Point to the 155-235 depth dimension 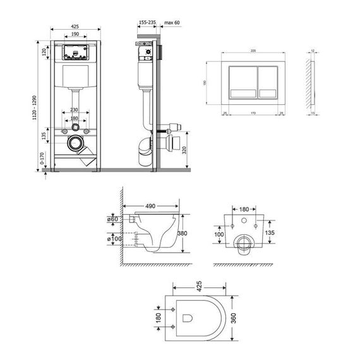pos(147,22)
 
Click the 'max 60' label pos(172,22)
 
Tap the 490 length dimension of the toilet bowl pos(150,207)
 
